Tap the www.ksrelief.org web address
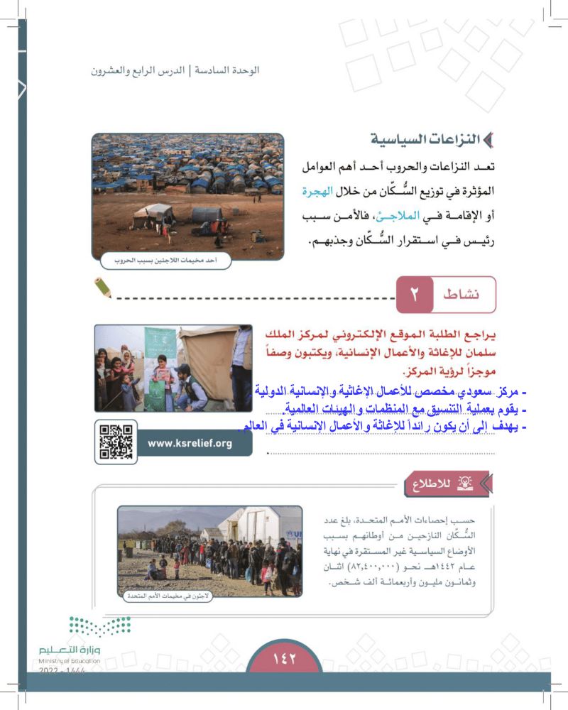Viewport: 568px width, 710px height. click(190, 443)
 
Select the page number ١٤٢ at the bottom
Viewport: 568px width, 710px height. click(284, 658)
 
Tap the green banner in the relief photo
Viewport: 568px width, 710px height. click(160, 366)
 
